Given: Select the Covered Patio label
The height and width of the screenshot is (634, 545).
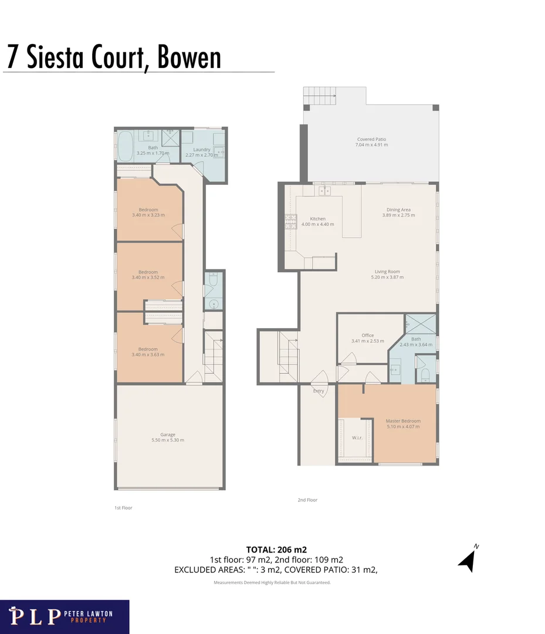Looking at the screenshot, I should tap(372, 139).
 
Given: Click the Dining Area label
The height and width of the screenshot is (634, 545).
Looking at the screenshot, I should tap(398, 210).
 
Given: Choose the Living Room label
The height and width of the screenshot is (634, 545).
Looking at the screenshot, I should tap(387, 272).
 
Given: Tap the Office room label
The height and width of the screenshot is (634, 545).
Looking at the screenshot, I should tap(367, 335).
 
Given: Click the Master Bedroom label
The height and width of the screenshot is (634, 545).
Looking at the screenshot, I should tap(402, 421).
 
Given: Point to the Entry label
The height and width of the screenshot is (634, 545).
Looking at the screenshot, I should tap(319, 391).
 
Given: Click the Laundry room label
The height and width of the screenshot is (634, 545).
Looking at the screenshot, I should tap(202, 150).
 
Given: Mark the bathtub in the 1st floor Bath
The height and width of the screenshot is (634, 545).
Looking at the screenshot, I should tap(126, 146).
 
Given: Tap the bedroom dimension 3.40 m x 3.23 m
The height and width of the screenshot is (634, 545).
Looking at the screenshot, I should tap(148, 215).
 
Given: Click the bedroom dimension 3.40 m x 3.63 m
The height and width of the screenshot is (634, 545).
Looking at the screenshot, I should tap(148, 355).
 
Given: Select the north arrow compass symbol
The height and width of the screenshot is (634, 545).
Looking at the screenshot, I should tap(468, 559).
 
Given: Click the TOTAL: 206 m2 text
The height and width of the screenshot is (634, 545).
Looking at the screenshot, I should tap(276, 550).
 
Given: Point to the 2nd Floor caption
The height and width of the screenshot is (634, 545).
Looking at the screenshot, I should tap(307, 500).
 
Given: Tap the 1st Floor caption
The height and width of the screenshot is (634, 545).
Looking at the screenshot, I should tap(123, 508).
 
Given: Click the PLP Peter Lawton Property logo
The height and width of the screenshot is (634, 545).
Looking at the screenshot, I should tap(65, 616).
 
